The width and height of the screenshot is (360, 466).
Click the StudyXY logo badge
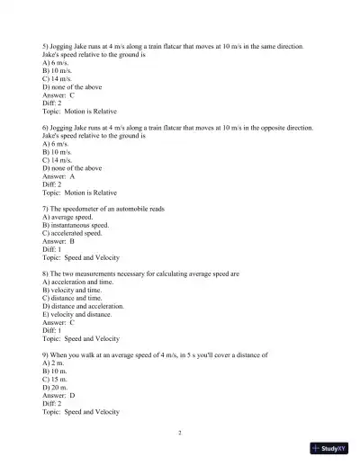[330, 446]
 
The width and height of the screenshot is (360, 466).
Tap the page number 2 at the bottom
[180, 433]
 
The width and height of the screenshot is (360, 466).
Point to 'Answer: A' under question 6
[59, 176]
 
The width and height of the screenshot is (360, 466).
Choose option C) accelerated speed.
[72, 233]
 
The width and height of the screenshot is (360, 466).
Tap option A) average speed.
[67, 217]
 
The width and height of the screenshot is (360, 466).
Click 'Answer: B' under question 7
[59, 241]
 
